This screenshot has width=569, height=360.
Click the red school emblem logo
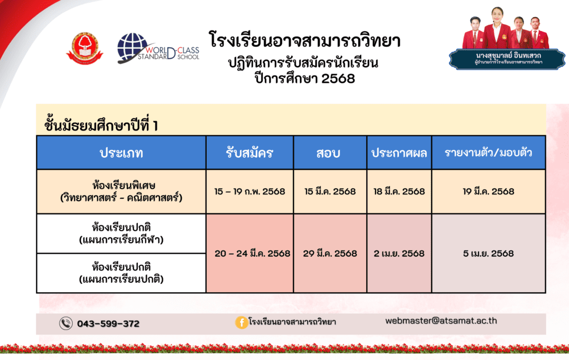point(84,48)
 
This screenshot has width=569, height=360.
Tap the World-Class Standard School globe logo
point(158,48)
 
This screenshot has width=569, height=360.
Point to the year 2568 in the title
point(338,78)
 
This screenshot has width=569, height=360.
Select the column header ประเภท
point(121,153)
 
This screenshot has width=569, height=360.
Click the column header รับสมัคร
point(249,153)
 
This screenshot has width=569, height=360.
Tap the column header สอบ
point(328,153)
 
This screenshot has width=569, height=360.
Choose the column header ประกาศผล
point(399,153)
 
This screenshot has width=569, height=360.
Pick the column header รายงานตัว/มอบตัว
point(488,152)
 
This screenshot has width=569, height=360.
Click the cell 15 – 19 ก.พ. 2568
point(249,191)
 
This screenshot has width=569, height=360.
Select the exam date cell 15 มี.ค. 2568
point(330,191)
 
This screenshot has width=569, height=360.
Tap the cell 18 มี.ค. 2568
point(399,191)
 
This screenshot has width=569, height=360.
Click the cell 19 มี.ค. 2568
point(488,191)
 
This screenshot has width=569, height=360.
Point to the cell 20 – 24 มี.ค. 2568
point(253,253)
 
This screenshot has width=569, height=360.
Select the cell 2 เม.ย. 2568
point(399,253)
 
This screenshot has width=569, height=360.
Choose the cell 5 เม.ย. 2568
point(488,253)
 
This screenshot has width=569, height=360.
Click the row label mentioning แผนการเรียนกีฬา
point(121,234)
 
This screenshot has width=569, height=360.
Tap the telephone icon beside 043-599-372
point(66,323)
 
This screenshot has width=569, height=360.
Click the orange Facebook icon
point(242,322)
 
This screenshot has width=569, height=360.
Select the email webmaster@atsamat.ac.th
point(441,321)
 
